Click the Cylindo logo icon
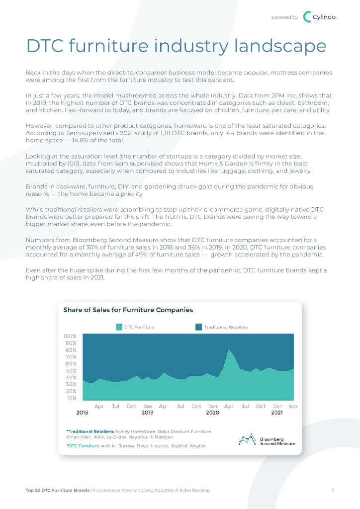307,17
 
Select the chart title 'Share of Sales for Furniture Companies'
128,310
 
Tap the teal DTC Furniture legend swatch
119,327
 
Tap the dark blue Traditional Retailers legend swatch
199,327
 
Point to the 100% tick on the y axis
70,337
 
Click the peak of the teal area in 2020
229,350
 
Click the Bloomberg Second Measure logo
267,440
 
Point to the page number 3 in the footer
333,491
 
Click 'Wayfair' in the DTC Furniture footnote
197,446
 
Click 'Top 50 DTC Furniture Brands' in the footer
57,491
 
